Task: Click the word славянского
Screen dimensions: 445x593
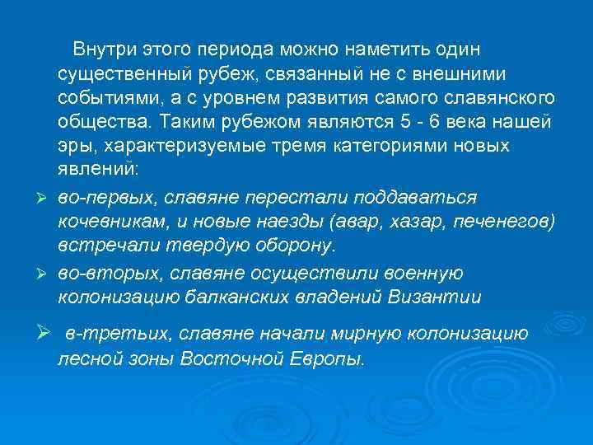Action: coord(503,99)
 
